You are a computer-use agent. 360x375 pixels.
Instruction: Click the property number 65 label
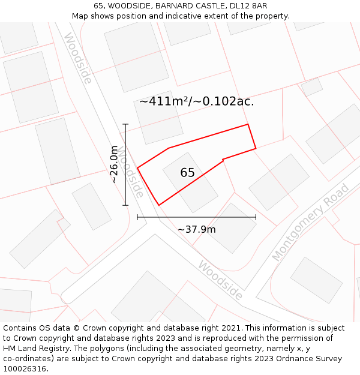click(x=187, y=173)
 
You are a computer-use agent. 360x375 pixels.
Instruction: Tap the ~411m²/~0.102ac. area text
click(x=197, y=101)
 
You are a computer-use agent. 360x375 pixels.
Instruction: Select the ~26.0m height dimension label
click(x=114, y=164)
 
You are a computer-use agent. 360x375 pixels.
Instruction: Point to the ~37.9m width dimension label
click(x=197, y=229)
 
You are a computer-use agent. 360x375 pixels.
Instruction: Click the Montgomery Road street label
click(x=310, y=223)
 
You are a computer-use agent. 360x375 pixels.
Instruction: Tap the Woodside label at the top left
click(x=77, y=58)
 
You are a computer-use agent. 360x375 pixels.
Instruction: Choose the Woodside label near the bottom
click(x=221, y=280)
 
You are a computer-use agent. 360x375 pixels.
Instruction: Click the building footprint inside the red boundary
click(x=190, y=182)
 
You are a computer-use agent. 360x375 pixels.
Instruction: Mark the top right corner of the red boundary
click(x=248, y=125)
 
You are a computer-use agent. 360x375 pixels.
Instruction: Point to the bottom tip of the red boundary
click(x=159, y=205)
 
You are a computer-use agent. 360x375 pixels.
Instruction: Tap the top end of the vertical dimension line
click(x=125, y=124)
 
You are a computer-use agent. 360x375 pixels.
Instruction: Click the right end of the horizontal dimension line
click(x=256, y=217)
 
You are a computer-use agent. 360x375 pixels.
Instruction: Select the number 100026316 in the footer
click(x=25, y=369)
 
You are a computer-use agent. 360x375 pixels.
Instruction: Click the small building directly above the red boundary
click(x=158, y=117)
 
